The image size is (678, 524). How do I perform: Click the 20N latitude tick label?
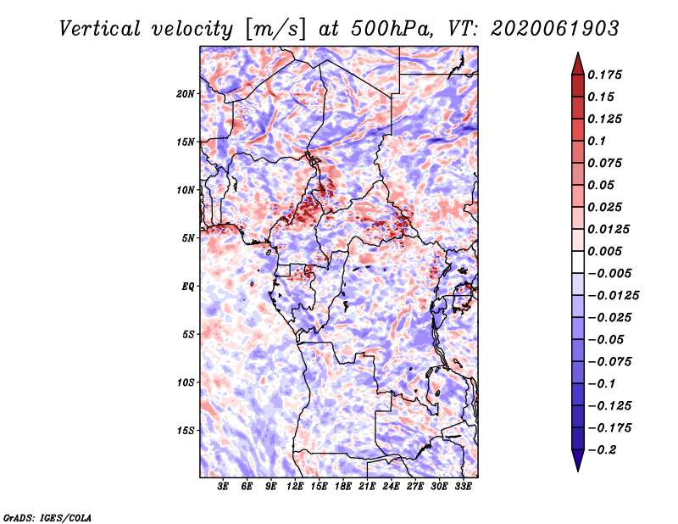pos(186,94)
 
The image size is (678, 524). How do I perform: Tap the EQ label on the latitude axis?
pos(187,287)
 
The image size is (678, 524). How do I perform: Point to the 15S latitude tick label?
pos(186,431)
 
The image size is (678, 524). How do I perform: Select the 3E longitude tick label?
pos(223,487)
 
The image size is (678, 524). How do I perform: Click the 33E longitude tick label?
pos(463,487)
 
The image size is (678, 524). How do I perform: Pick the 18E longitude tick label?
pos(343,487)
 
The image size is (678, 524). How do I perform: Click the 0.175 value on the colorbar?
pos(605,75)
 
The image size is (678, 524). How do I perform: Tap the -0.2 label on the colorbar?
pos(602,450)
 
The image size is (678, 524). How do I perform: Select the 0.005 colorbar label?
pos(605,251)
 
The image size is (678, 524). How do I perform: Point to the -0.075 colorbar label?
pos(609,362)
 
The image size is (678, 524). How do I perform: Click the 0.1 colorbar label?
pos(597,141)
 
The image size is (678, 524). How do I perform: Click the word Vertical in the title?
pos(100,29)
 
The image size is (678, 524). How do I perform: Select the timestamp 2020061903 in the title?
pos(555,29)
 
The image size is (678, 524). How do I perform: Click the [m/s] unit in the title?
pos(275,30)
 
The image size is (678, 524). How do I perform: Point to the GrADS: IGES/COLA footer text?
pos(47,518)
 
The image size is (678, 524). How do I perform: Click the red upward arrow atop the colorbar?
pos(578,64)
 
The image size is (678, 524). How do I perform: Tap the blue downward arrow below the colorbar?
pos(578,460)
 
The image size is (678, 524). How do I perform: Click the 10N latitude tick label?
pos(186,190)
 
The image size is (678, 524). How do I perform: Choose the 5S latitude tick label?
pos(187,335)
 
